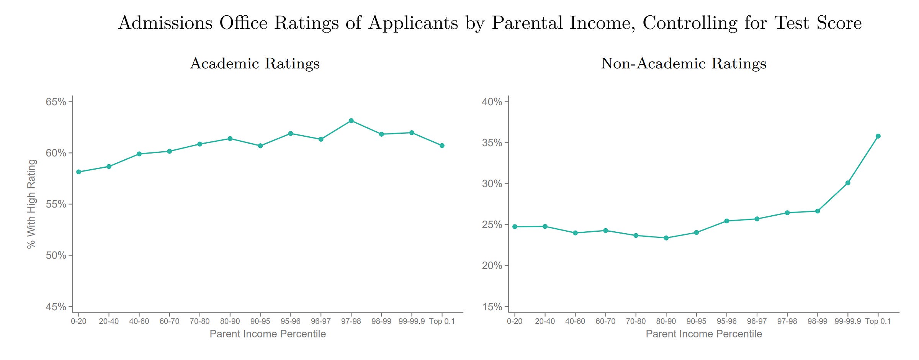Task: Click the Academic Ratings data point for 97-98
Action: [x=351, y=121]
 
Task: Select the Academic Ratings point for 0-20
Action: [x=78, y=172]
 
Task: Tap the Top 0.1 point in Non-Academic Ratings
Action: [x=878, y=136]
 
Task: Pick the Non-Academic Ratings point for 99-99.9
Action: [x=848, y=183]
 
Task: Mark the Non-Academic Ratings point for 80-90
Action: [x=666, y=238]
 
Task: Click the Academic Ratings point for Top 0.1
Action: [x=442, y=146]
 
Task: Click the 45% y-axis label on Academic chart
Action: [x=56, y=307]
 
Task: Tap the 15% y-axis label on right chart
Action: [x=492, y=307]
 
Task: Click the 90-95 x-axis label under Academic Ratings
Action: [x=260, y=321]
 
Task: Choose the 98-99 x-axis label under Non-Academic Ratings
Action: [x=818, y=321]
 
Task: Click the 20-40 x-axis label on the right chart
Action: [x=545, y=321]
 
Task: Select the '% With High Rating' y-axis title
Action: [x=31, y=204]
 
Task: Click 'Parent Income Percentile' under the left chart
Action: [x=268, y=334]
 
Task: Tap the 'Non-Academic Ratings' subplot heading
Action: [x=684, y=64]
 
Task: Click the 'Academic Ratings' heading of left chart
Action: [x=255, y=64]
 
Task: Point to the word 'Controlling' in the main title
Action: [x=690, y=23]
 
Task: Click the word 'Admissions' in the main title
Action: [x=165, y=23]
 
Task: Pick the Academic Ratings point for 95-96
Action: [x=291, y=134]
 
